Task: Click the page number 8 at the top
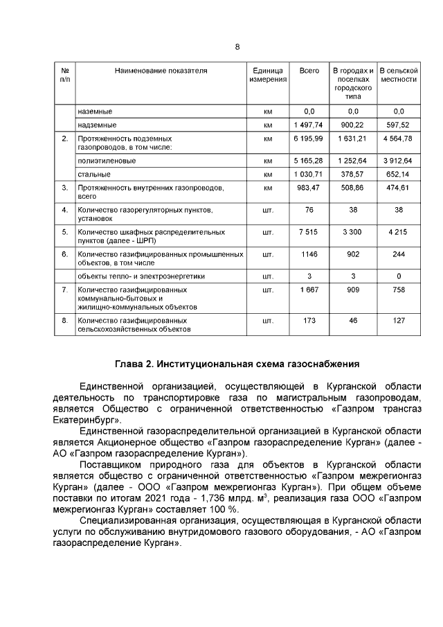[x=237, y=46]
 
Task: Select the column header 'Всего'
[x=309, y=71]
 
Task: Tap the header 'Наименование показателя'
[x=161, y=71]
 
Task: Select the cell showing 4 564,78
[x=398, y=139]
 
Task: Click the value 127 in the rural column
[x=398, y=321]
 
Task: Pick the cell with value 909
[x=353, y=290]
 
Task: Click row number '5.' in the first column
[x=64, y=232]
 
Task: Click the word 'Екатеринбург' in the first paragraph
[x=86, y=420]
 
